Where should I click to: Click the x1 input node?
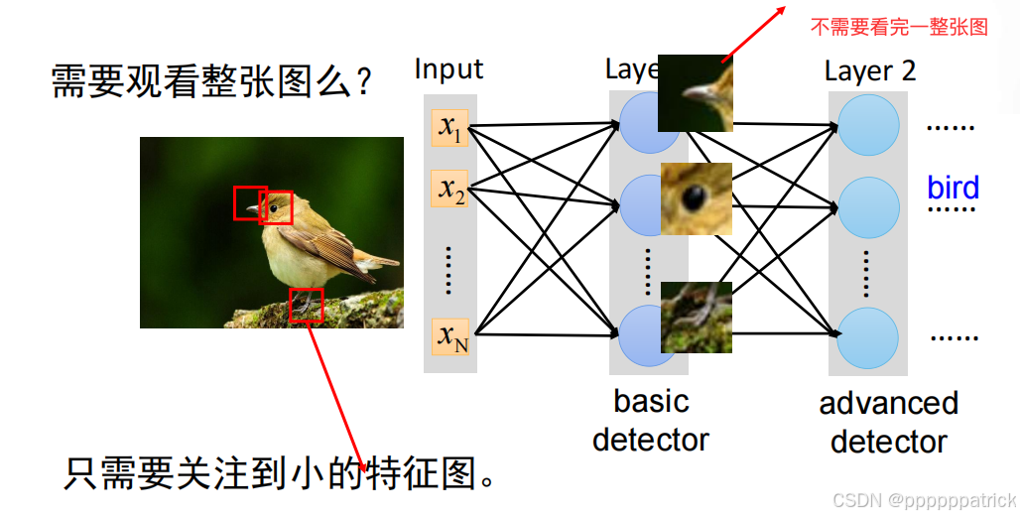pos(449,128)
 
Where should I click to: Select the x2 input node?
pos(449,189)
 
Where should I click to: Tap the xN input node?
pos(450,336)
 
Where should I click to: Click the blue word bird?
pos(953,188)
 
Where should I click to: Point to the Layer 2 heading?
pos(870,71)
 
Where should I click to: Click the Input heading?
pos(448,68)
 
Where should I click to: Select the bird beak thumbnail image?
pos(695,93)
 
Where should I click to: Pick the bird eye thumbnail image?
pos(697,198)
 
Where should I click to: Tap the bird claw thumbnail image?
pos(697,317)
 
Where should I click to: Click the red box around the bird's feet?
pos(307,305)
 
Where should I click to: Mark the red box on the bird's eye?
pos(276,207)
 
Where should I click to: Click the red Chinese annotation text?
pos(899,27)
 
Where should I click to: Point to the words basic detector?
pos(651,420)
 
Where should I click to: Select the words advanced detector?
pos(888,422)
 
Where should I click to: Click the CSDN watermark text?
pos(924,501)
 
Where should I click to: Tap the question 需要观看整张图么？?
pos(211,82)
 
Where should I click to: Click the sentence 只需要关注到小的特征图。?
pos(280,473)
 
